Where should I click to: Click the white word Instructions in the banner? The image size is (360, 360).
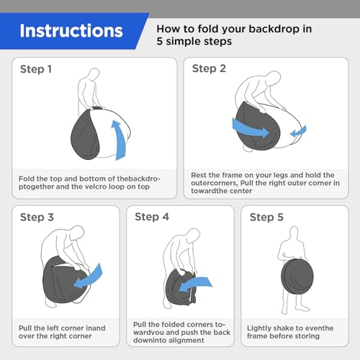point(71,31)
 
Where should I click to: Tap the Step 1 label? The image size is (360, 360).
point(36,69)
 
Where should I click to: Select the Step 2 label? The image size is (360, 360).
point(209,68)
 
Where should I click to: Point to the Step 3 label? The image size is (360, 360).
point(37,217)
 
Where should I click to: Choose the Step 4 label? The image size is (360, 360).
point(152,217)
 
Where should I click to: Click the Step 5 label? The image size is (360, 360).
point(266,217)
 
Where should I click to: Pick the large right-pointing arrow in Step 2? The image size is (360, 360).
point(250,129)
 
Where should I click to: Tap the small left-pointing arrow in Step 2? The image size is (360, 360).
point(298,132)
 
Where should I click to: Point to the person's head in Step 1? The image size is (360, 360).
point(94,73)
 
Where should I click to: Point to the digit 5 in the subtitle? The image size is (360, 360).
point(160,41)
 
